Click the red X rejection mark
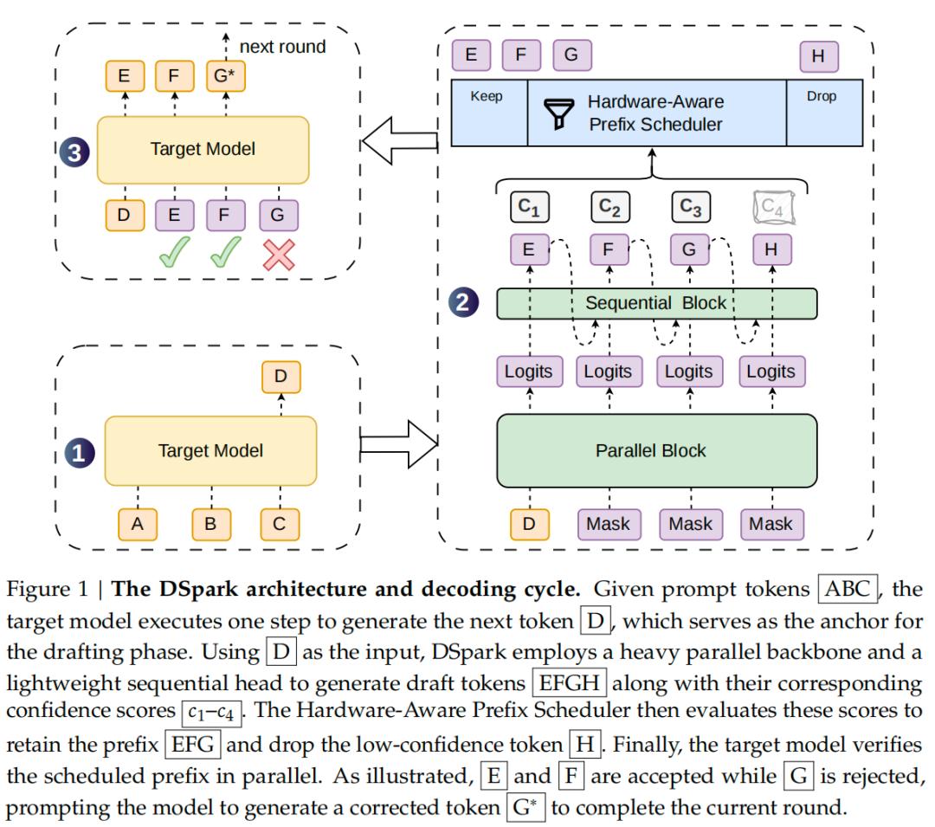(x=279, y=255)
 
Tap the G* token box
(x=225, y=75)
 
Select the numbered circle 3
(x=74, y=152)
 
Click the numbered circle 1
(x=80, y=453)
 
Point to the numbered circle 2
(x=463, y=301)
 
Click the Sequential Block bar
(x=656, y=303)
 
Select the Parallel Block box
(x=656, y=451)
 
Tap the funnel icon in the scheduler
(x=558, y=113)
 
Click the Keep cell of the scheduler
(x=489, y=113)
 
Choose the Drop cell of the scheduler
(x=825, y=113)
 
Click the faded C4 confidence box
(x=773, y=207)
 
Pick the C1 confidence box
(x=530, y=207)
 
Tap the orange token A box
(x=138, y=524)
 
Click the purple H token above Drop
(x=819, y=56)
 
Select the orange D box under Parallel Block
(x=530, y=524)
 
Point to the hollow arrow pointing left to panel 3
(x=399, y=140)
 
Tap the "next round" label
(x=282, y=47)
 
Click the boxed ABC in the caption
(x=848, y=589)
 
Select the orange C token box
(x=280, y=524)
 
